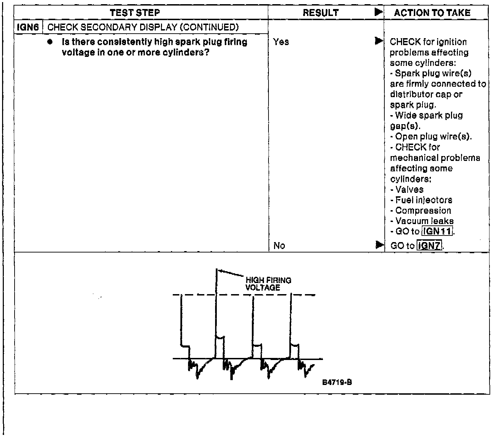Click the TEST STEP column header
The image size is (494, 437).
point(135,13)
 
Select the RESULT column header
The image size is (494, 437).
point(321,13)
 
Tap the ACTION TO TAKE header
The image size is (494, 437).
point(432,13)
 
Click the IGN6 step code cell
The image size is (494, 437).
point(28,27)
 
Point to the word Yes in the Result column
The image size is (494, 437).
point(281,42)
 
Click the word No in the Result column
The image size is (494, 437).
point(279,246)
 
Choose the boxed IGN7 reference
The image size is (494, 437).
point(429,246)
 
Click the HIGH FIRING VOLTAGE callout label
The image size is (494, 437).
point(268,284)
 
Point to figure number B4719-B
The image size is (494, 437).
point(337,382)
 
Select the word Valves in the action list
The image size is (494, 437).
point(409,190)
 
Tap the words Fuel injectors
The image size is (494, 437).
point(424,200)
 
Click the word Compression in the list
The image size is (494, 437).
point(423,211)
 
